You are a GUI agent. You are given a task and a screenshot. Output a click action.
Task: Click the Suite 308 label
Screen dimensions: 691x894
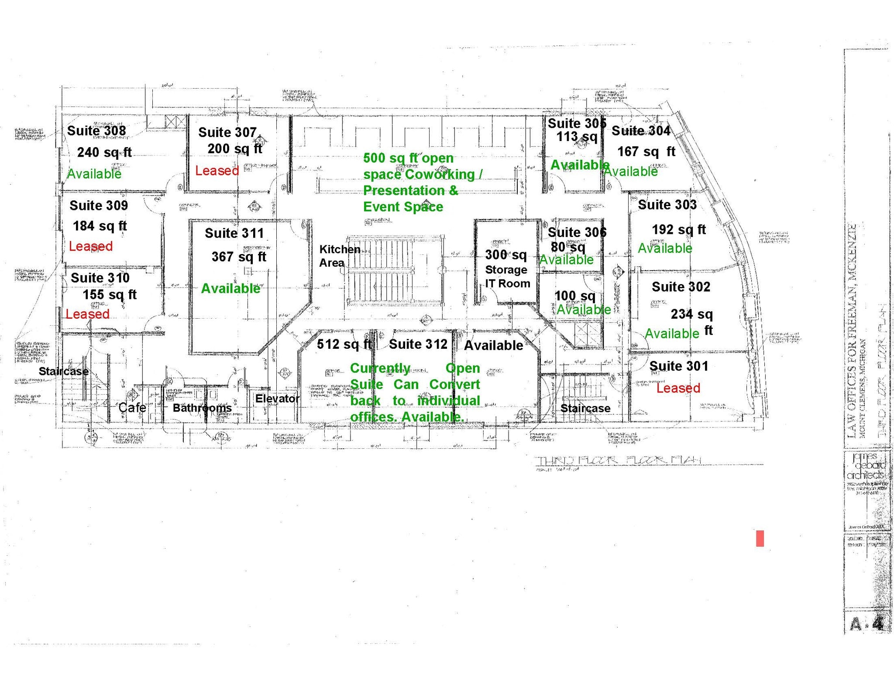pos(96,131)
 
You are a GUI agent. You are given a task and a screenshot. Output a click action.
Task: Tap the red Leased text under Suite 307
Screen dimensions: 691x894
pos(217,170)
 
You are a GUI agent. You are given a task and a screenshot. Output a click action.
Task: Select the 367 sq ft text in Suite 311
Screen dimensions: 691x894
pos(239,256)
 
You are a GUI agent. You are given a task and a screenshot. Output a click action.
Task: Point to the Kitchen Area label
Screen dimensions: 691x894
pos(339,256)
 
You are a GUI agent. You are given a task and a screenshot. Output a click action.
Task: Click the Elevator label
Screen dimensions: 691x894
pos(277,398)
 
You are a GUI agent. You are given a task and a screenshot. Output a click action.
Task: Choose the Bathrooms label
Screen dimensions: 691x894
pos(202,408)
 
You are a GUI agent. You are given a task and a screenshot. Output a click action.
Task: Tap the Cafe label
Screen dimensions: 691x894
pos(132,407)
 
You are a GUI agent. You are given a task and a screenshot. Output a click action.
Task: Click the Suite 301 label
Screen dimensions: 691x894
pos(679,366)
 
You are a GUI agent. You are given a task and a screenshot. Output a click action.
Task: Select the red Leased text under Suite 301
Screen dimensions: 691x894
pos(678,388)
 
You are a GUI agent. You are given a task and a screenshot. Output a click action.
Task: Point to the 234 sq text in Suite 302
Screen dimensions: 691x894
pos(691,314)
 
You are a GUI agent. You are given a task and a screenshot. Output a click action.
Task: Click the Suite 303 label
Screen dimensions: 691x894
pos(667,204)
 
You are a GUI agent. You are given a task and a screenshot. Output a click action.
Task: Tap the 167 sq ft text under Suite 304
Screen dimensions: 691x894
pos(646,151)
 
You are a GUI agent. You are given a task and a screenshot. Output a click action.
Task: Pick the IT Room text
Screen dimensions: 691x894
pos(507,283)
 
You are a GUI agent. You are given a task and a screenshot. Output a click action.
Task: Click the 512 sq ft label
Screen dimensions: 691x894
pos(344,344)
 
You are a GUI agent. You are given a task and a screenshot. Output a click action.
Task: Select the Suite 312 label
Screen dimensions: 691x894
pos(418,344)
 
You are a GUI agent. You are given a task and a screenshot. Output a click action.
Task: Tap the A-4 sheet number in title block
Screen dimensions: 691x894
pos(866,624)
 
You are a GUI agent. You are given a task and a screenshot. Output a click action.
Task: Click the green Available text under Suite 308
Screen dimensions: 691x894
pos(94,174)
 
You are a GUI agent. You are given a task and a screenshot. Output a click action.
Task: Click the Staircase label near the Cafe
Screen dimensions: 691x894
pos(64,371)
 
